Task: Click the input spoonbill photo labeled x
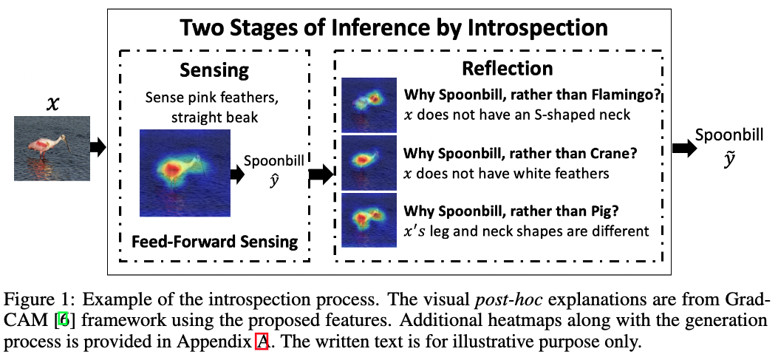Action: coord(52,148)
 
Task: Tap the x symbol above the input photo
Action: coord(52,104)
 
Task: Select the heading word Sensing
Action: coord(215,71)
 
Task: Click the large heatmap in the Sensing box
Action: coord(185,172)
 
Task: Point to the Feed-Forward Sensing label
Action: coord(215,241)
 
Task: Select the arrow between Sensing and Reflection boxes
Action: coord(320,175)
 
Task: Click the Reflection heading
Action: coord(507,69)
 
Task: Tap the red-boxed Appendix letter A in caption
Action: coord(260,342)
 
